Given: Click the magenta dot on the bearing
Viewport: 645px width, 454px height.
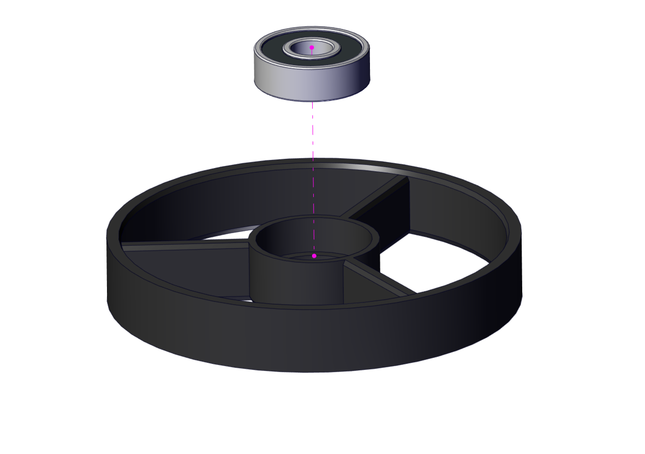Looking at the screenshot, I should click(x=312, y=47).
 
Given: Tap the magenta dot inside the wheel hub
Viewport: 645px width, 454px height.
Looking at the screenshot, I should click(x=314, y=256).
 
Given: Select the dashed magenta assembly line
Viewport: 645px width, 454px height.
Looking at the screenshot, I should click(x=313, y=164).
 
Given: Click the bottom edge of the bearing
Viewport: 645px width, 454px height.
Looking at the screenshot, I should click(x=312, y=100).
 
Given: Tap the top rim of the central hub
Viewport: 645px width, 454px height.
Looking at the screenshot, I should click(x=284, y=223).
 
